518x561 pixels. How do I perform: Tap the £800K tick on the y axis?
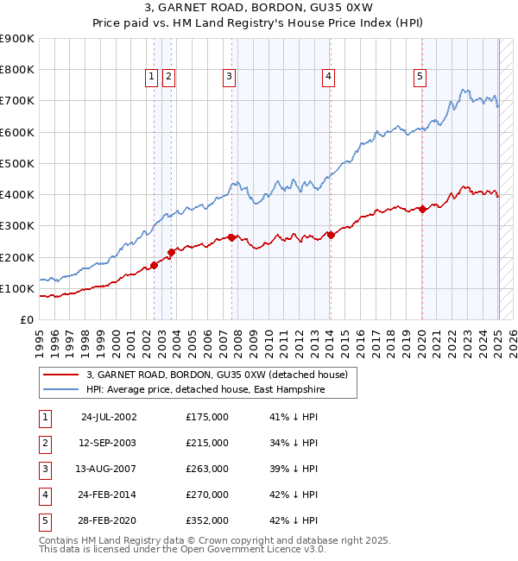pos(17,70)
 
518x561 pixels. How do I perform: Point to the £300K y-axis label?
pos(17,226)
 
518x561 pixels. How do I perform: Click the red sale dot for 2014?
pos(331,235)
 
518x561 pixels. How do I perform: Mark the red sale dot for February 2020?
pos(422,209)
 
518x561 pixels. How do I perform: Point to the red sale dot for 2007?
pos(231,236)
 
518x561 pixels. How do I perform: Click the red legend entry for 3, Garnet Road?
pos(216,375)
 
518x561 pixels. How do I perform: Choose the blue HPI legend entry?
pos(221,390)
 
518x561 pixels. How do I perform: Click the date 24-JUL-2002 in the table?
pos(108,417)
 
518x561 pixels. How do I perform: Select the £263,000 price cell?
pos(206,469)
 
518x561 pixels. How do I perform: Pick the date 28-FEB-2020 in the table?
pos(108,520)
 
